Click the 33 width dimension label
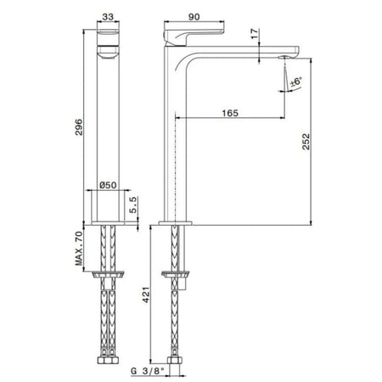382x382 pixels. (x=108, y=17)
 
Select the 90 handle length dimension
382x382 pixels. (x=194, y=17)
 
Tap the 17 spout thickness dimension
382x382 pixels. (x=255, y=33)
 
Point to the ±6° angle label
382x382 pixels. (x=295, y=81)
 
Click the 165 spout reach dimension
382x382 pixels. (x=230, y=113)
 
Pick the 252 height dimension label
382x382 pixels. (x=306, y=141)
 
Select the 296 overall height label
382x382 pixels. (x=79, y=127)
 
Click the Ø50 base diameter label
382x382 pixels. (x=108, y=185)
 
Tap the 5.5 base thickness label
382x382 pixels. (x=133, y=205)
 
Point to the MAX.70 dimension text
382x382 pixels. (x=79, y=248)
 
